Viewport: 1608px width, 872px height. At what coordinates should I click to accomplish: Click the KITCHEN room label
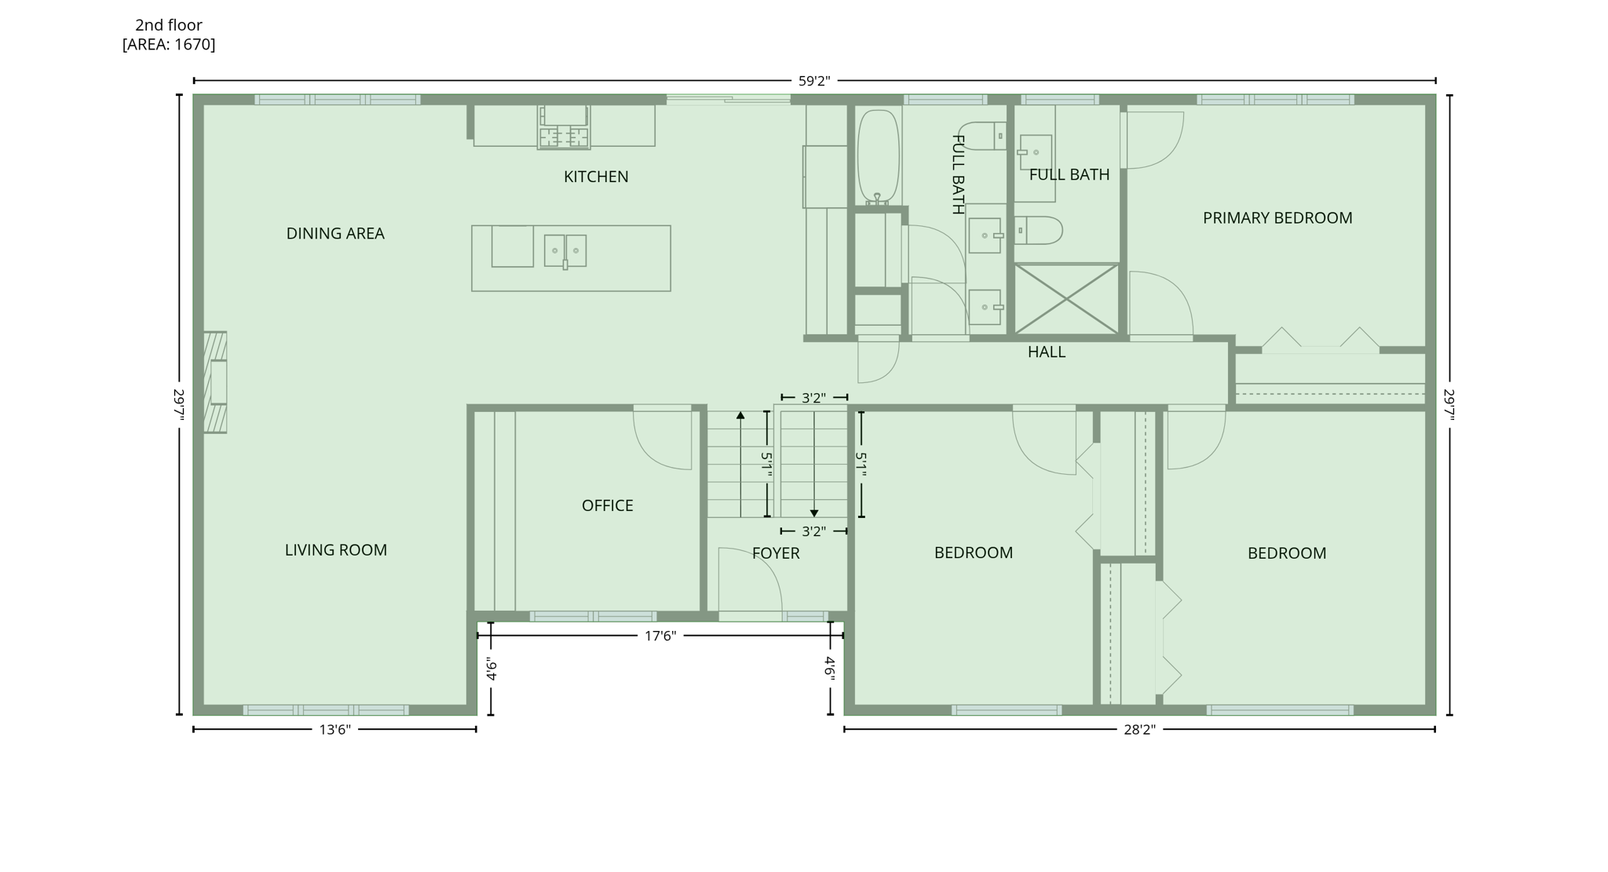[596, 177]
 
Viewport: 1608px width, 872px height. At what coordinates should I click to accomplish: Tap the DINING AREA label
[335, 233]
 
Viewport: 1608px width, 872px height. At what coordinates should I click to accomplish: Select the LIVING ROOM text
[336, 550]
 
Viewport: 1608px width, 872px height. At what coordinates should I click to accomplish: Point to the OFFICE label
[607, 505]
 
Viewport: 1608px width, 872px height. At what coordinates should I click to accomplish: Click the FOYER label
[776, 553]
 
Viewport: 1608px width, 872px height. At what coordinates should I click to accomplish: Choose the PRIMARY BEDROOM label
[1277, 218]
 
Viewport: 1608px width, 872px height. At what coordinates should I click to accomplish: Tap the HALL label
[1047, 352]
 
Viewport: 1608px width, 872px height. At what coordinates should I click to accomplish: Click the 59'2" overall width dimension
[814, 81]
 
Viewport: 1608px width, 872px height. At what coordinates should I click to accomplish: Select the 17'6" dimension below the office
[660, 636]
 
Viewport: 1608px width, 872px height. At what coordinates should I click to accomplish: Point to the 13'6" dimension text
[334, 730]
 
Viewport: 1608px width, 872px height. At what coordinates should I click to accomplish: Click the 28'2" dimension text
[1139, 730]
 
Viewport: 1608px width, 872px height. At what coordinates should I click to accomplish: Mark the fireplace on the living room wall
[215, 382]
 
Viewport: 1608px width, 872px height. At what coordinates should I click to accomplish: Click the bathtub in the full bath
[878, 157]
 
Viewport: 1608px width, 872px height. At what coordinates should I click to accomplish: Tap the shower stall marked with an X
[1066, 299]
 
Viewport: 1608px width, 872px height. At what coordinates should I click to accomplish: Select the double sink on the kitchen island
[565, 251]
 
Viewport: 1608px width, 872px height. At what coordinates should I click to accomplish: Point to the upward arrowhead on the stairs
[740, 415]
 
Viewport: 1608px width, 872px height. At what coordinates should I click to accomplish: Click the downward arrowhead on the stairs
[814, 513]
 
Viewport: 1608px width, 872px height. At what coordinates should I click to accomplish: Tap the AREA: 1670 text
[169, 45]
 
